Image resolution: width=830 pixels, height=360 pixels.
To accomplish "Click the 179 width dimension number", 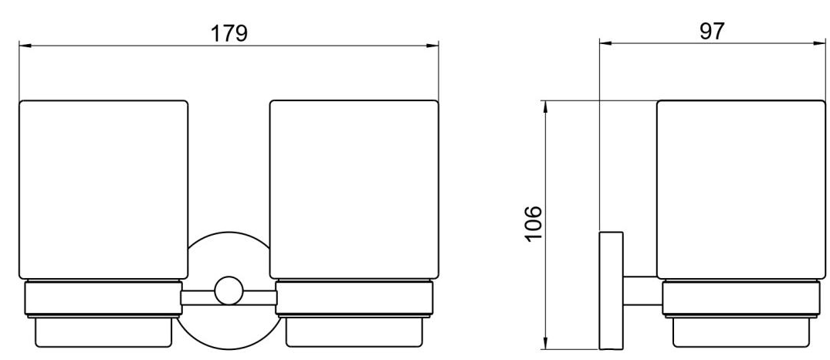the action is click(x=229, y=32).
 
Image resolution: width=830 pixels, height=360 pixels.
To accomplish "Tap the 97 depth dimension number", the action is click(x=711, y=31).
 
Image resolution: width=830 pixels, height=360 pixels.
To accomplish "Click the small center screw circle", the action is click(x=229, y=290).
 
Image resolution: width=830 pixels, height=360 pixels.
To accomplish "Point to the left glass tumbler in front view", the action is click(x=103, y=189).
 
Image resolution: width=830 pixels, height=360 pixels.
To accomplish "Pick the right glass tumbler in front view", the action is click(x=354, y=189).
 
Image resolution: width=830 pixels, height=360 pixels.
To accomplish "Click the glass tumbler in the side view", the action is click(x=740, y=189).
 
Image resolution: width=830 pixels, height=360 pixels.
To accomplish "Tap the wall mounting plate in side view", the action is click(x=611, y=290).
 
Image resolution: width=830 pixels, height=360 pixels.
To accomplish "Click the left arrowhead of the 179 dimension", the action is click(x=25, y=46).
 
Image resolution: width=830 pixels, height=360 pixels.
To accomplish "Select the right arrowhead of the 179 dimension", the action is click(x=432, y=46).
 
